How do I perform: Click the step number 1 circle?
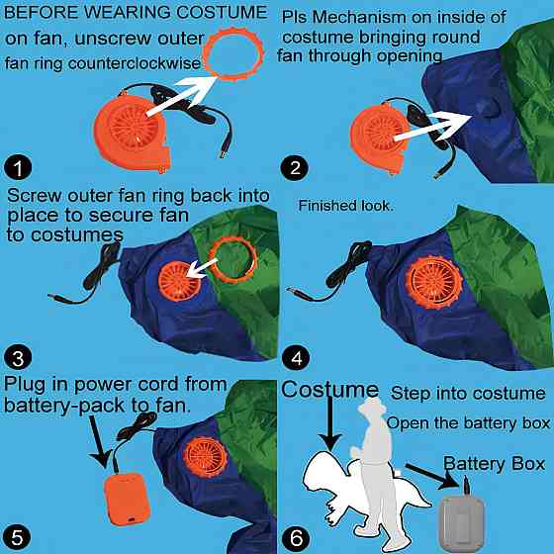(x=18, y=167)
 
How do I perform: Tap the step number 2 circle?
(x=295, y=167)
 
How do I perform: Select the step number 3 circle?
(x=18, y=357)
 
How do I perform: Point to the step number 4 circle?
(x=296, y=357)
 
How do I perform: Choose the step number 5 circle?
(x=17, y=537)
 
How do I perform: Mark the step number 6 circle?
(x=296, y=538)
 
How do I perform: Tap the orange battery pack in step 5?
(x=128, y=499)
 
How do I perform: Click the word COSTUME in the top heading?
(x=222, y=13)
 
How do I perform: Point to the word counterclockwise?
(x=135, y=63)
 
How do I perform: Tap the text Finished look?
(x=345, y=206)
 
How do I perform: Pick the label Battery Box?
(x=494, y=463)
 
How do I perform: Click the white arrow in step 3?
(x=202, y=267)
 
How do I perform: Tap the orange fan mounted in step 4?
(x=434, y=282)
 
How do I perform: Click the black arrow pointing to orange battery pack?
(x=100, y=441)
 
